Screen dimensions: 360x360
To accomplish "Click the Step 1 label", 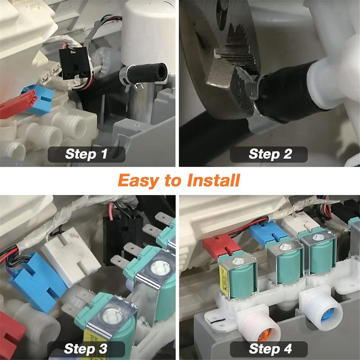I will tap(86, 154).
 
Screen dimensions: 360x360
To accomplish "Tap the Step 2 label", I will tap(269, 154).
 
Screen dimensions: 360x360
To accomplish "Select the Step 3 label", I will tap(85, 349).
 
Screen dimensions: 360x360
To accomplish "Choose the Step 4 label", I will tap(269, 349).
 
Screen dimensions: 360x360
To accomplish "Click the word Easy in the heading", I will tap(139, 181).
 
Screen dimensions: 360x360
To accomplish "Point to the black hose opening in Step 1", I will tap(161, 72).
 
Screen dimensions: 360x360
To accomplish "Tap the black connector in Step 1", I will tap(74, 64).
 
